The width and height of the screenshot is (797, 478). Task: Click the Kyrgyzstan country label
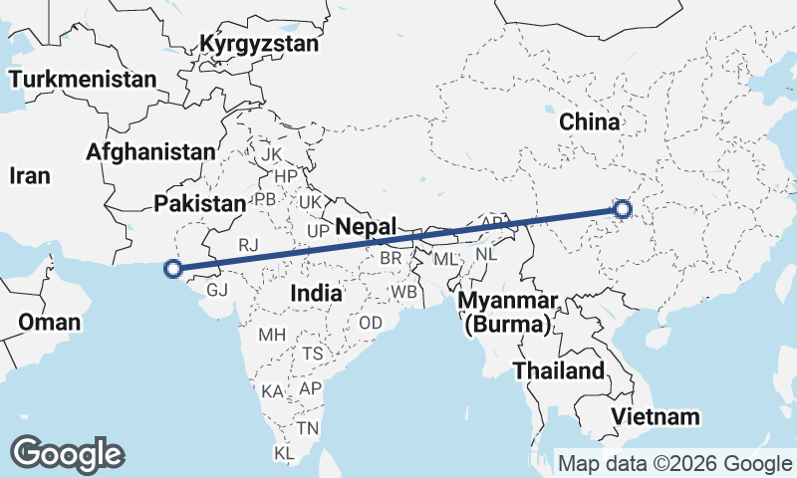point(259,45)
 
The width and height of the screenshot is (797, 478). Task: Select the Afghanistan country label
point(150,152)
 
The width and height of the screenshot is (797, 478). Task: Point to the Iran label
point(29,175)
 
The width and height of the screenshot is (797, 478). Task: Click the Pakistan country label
point(199,203)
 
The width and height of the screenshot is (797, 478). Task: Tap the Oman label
point(49,322)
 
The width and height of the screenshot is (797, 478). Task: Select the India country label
point(317,293)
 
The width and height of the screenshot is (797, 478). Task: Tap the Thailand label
point(559,371)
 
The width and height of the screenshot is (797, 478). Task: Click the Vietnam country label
point(656,416)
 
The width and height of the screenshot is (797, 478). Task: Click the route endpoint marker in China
point(623,208)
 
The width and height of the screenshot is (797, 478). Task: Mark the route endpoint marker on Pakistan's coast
point(173,268)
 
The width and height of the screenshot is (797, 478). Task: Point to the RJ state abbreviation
point(248,243)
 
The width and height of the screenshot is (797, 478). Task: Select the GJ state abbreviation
point(218,290)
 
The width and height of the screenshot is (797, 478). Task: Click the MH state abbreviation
point(272,335)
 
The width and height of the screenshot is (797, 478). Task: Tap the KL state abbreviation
point(285,454)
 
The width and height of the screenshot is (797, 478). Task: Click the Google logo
point(67,454)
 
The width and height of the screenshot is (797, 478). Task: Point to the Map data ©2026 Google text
point(674,463)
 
